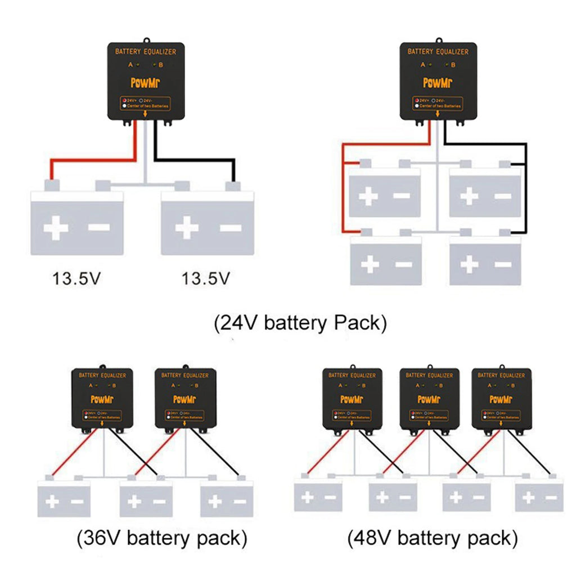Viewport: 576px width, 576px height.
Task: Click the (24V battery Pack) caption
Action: [300, 323]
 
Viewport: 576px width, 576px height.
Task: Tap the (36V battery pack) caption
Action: [161, 538]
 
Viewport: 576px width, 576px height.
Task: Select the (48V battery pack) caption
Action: [432, 538]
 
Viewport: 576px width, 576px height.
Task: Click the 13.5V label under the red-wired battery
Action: [76, 278]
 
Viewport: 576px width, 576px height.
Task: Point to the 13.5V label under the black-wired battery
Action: [206, 278]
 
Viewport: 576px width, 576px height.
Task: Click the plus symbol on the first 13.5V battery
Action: [56, 228]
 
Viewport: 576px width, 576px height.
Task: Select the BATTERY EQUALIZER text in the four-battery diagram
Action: [438, 52]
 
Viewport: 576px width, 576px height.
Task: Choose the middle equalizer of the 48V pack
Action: [429, 399]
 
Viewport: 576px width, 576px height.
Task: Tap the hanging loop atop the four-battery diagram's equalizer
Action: [438, 40]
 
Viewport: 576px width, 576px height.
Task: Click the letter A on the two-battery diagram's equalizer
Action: [130, 65]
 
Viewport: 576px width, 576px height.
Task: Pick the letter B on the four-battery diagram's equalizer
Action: [453, 65]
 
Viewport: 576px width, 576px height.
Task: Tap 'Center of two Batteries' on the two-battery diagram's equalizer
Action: [148, 106]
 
